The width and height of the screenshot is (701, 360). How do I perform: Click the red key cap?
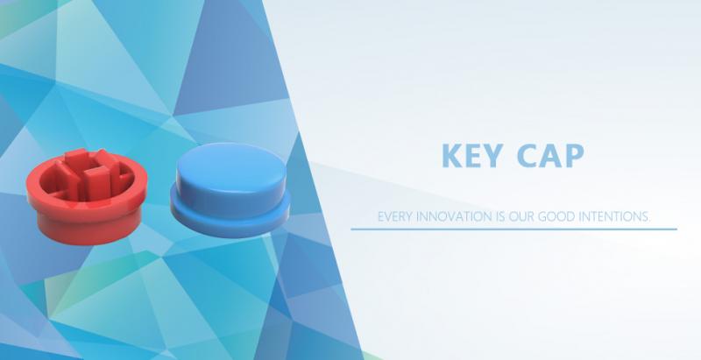[87, 196]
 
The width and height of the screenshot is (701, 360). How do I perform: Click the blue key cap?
[230, 190]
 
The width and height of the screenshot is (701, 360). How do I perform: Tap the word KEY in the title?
[471, 155]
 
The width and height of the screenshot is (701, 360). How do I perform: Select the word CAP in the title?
[550, 155]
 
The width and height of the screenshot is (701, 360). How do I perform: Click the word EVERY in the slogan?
[395, 216]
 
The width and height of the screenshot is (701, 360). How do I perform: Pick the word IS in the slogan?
[500, 216]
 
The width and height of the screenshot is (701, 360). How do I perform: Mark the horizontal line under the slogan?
[513, 229]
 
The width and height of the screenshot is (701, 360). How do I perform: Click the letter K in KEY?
[450, 155]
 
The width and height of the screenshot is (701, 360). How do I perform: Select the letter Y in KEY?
[492, 155]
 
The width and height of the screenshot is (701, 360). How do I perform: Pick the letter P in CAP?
[576, 155]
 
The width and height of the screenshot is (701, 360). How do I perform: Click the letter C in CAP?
[527, 155]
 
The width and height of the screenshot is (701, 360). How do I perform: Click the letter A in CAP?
[551, 155]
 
